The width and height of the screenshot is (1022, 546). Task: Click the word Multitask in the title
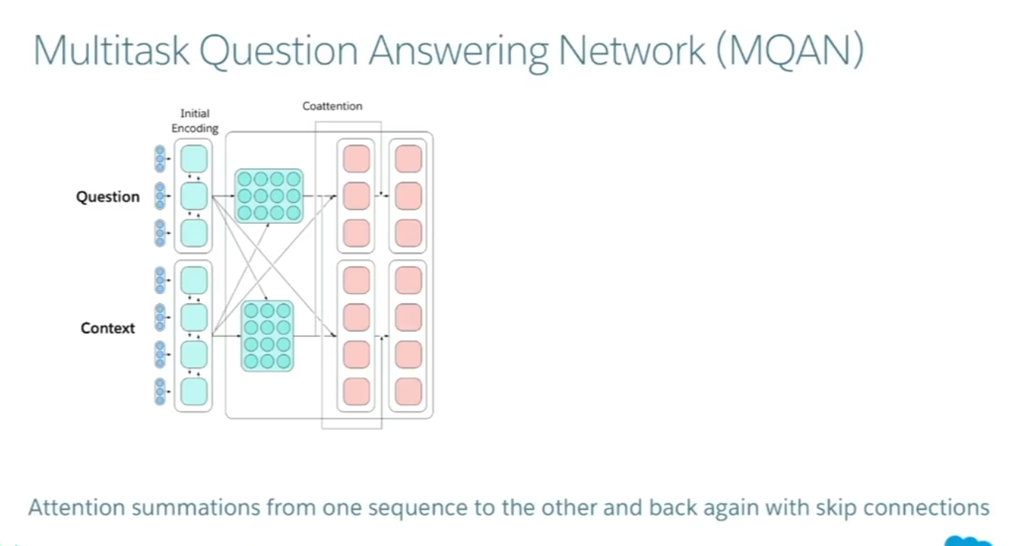[111, 50]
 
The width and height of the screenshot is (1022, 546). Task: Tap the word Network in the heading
[632, 50]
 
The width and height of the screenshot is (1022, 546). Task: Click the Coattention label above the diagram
[332, 106]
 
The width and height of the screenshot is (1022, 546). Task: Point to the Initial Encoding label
[195, 121]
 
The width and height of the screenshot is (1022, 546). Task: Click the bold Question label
[108, 197]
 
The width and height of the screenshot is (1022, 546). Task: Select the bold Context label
[108, 328]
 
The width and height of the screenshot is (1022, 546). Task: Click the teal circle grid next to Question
[269, 196]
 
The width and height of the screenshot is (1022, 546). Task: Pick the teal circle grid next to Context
[267, 336]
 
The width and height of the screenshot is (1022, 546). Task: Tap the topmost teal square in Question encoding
[194, 158]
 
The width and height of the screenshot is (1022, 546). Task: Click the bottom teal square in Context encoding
[194, 391]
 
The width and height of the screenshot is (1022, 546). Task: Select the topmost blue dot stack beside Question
[160, 158]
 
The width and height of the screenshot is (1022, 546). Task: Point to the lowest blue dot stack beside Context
[160, 391]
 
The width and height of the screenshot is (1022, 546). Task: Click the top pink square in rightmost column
[408, 158]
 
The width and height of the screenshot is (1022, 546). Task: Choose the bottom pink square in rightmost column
[408, 391]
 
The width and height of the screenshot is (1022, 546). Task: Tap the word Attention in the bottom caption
[77, 508]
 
